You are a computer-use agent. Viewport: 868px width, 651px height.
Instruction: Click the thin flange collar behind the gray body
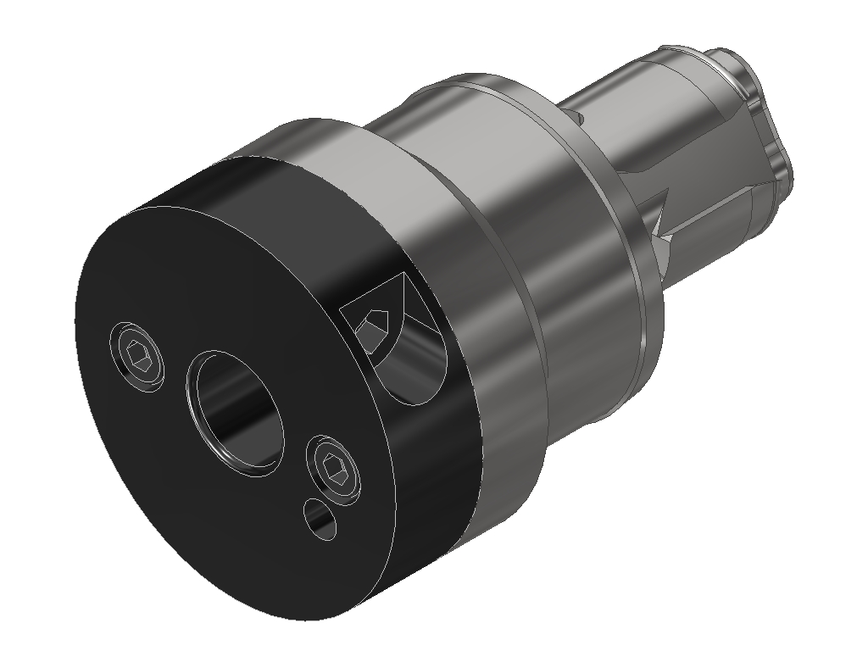coord(627,254)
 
